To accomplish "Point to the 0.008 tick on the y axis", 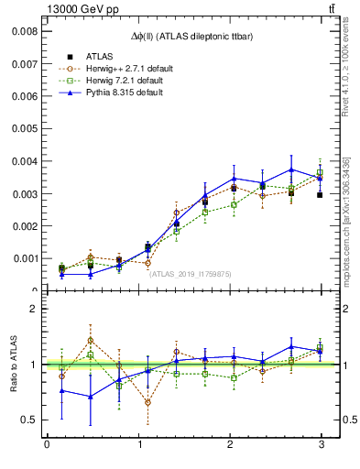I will [25, 30].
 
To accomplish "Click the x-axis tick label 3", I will [322, 445].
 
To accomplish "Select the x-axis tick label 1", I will [138, 445].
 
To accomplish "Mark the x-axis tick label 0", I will [47, 445].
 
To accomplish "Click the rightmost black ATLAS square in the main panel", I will [320, 195].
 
